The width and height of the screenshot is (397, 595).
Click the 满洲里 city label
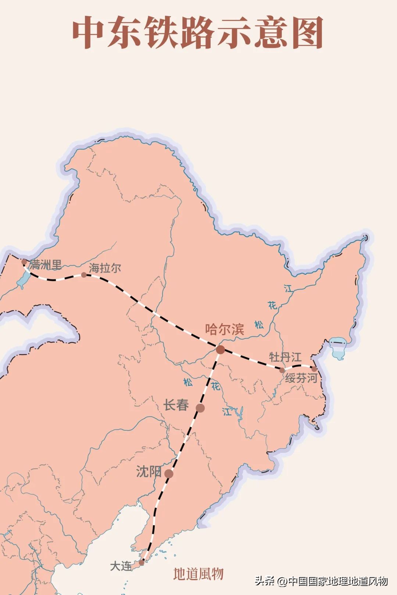click(x=46, y=264)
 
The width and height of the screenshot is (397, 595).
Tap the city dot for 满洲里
click(x=24, y=262)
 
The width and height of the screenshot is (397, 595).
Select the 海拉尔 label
click(x=105, y=268)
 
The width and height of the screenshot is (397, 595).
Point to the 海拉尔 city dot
click(x=84, y=275)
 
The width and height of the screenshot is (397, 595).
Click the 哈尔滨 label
click(x=225, y=329)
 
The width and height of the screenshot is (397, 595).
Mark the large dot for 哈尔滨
click(x=220, y=349)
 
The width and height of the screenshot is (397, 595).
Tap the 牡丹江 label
click(x=285, y=357)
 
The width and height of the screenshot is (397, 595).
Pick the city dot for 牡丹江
click(x=282, y=370)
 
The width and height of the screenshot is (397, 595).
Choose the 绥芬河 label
click(x=301, y=378)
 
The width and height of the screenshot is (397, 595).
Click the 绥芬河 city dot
click(x=314, y=369)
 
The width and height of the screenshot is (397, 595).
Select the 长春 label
click(x=176, y=405)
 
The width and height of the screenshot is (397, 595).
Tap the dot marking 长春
click(x=200, y=408)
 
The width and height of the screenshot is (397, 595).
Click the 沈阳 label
click(x=149, y=472)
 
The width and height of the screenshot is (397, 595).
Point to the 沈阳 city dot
click(x=169, y=474)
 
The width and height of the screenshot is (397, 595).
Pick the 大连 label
click(x=121, y=566)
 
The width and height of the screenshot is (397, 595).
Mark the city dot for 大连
click(x=142, y=562)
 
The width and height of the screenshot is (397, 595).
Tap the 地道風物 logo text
click(x=198, y=574)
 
